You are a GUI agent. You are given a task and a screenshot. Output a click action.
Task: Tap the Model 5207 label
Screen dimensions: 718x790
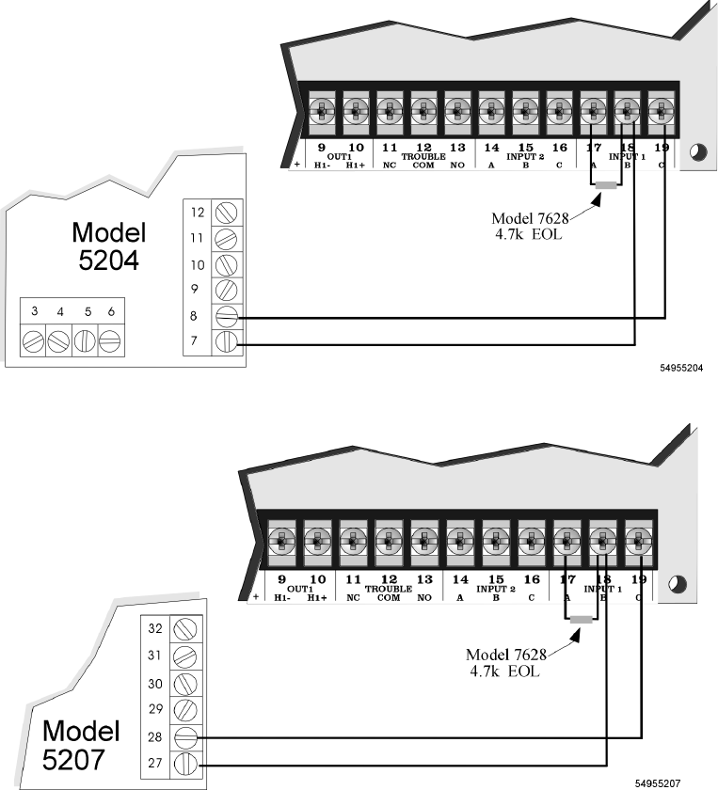[x=82, y=742]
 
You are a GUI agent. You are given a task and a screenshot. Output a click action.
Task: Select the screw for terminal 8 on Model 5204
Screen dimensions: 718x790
[x=226, y=315]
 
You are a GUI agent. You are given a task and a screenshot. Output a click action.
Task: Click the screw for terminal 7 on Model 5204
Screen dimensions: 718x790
[x=226, y=342]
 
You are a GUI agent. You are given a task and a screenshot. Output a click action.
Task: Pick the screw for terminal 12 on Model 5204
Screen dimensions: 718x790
[x=226, y=212]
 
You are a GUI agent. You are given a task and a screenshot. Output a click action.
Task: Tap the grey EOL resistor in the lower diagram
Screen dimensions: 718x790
[x=581, y=620]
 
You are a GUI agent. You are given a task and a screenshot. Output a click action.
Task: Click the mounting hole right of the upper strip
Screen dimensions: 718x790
[x=696, y=151]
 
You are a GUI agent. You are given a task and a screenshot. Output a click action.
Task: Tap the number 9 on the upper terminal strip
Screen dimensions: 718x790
[x=321, y=148]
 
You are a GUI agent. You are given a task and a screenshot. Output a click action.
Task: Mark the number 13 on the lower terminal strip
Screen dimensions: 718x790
[x=424, y=580]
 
